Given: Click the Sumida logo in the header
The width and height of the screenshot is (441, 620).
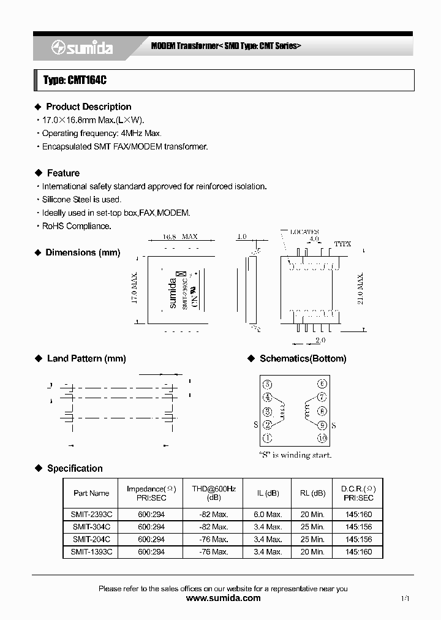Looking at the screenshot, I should click(x=81, y=48).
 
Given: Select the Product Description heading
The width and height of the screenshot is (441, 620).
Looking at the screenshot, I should click(x=89, y=107).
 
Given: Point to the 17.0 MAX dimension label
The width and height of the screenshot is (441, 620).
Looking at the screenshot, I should click(x=135, y=288).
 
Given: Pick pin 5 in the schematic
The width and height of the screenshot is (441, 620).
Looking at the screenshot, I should click(x=267, y=385).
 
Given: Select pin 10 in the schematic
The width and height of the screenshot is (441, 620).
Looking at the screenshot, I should click(x=322, y=439).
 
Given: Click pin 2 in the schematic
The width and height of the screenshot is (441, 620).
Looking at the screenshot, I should click(x=267, y=425).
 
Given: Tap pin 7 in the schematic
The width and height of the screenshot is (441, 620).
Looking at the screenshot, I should click(x=322, y=398).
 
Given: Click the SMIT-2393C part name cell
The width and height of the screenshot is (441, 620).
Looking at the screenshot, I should click(x=91, y=515).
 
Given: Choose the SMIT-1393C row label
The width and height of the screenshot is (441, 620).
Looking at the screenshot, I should click(x=91, y=552).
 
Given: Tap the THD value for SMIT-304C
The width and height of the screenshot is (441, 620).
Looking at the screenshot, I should click(x=213, y=527).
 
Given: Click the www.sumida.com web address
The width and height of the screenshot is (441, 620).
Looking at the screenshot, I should click(x=223, y=599).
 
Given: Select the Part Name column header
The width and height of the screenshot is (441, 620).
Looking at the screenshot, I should click(x=91, y=493).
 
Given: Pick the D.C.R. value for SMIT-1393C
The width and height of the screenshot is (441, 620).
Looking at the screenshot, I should click(x=358, y=552).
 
